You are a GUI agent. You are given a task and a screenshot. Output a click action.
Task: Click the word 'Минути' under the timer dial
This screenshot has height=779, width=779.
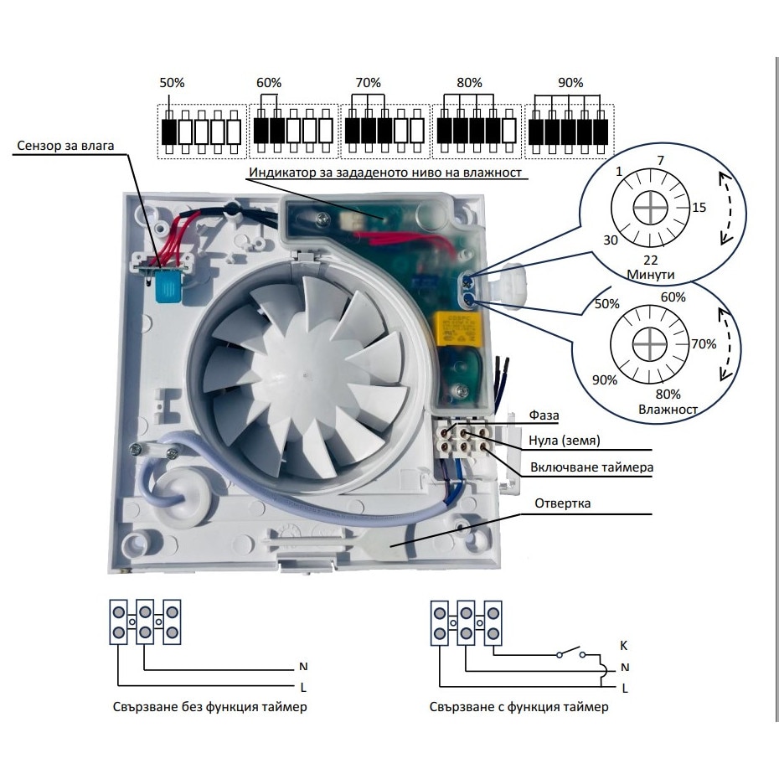[650, 274]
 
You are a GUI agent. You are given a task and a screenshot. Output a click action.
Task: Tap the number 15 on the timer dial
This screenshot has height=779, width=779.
[699, 207]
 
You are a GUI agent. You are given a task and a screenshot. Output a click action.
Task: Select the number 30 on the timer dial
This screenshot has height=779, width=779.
[611, 239]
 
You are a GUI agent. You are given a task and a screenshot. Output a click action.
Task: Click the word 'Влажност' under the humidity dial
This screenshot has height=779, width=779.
[667, 409]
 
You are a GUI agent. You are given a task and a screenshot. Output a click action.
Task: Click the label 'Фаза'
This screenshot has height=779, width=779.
[544, 415]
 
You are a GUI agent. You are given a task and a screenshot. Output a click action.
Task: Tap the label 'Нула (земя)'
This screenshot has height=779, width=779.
[566, 441]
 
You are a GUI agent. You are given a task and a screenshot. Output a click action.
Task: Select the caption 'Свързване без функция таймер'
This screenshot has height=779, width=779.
[209, 707]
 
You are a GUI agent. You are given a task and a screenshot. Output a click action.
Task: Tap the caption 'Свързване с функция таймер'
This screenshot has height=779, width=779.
[518, 707]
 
